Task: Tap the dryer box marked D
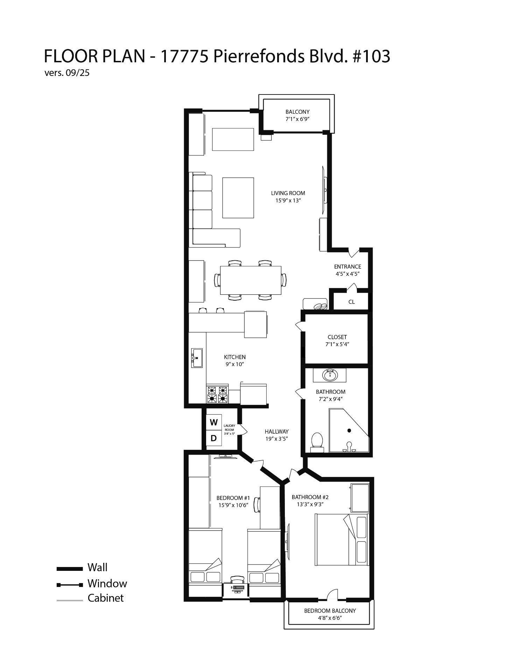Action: click(213, 438)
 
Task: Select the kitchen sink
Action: click(197, 358)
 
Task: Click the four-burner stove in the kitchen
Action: click(217, 394)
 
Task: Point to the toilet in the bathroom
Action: click(317, 441)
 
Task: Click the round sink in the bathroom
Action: click(329, 376)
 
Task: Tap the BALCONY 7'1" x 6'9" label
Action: click(297, 115)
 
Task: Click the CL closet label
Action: click(351, 302)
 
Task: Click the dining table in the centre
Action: click(251, 280)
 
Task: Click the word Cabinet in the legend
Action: click(105, 598)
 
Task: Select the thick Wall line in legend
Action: click(70, 569)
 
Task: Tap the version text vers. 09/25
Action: click(67, 73)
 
